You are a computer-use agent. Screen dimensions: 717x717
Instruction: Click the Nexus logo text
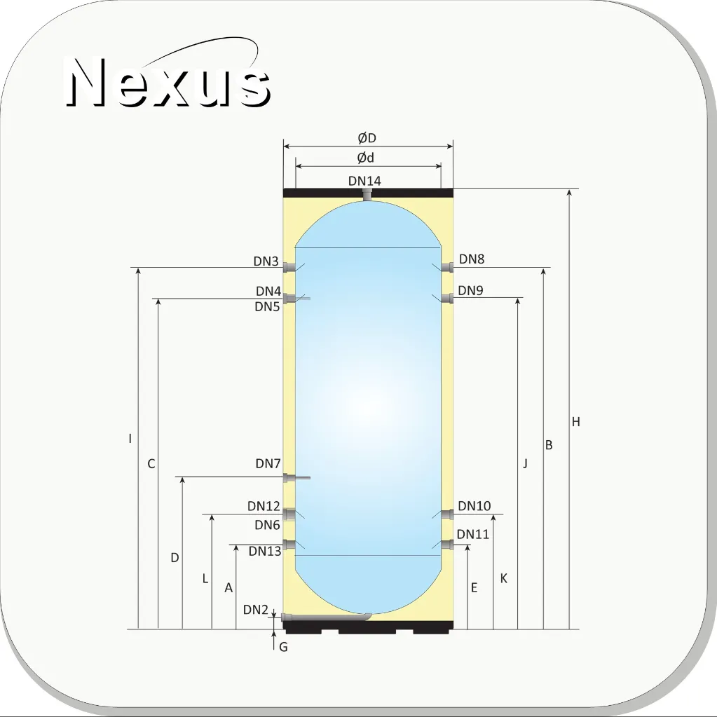coord(168,82)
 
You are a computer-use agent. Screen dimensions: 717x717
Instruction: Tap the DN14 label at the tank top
coord(364,181)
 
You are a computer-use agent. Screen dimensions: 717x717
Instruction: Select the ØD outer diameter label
coord(367,137)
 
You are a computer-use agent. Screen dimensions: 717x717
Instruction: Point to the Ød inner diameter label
coord(365,158)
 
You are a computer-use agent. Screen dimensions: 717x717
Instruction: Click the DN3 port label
coord(266,261)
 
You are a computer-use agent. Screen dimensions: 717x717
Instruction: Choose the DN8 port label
coord(472,259)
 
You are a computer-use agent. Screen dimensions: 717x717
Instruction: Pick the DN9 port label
coord(470,290)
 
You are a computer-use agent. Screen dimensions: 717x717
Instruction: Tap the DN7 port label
coord(268,464)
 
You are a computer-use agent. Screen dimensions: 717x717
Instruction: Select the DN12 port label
coord(264,506)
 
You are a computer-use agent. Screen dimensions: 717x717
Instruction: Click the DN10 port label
coord(474,506)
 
